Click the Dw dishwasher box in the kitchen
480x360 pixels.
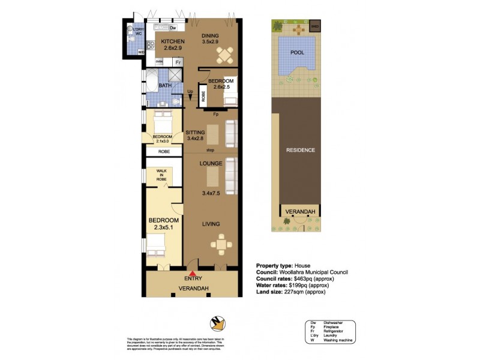[x=173, y=28]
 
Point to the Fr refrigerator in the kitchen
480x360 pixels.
[x=178, y=61]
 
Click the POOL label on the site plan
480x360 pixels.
[x=297, y=52]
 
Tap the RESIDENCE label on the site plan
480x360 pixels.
[x=300, y=150]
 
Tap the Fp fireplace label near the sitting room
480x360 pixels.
[x=215, y=114]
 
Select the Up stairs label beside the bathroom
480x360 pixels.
[x=190, y=92]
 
